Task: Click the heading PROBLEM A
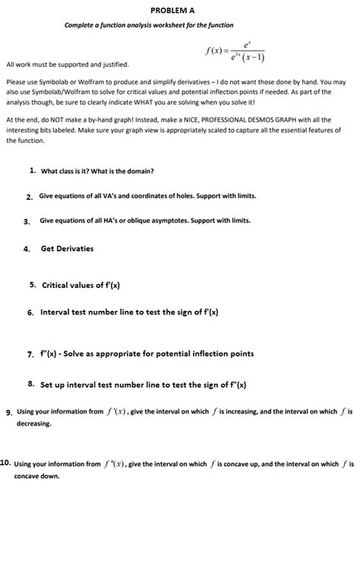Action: [x=172, y=11]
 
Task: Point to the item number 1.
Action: [x=33, y=170]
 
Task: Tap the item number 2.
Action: [x=29, y=197]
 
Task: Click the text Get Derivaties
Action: [x=68, y=249]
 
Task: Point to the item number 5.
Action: [x=33, y=285]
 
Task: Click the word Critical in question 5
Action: [x=56, y=285]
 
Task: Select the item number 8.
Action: [x=31, y=385]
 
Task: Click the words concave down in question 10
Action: [x=36, y=477]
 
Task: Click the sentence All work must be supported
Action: [x=68, y=65]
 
